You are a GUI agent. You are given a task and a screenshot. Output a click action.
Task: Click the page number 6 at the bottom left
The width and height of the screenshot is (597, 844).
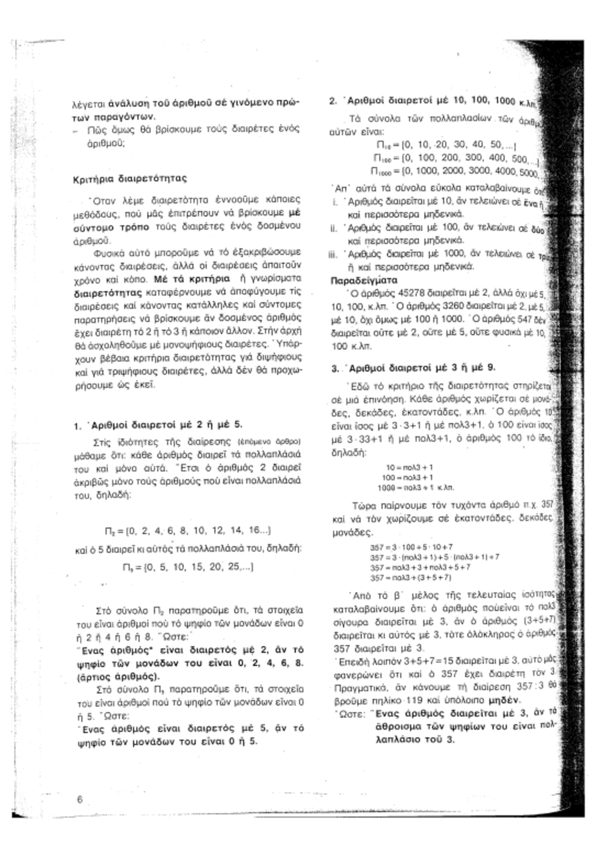79,799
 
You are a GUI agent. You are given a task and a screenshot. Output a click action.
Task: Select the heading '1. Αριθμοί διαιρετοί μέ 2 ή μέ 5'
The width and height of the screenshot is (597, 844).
159,424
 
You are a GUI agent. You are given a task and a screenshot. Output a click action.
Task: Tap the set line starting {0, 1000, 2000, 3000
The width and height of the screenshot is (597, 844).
461,172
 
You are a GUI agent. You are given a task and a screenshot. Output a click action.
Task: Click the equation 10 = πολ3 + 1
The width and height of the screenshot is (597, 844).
409,467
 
